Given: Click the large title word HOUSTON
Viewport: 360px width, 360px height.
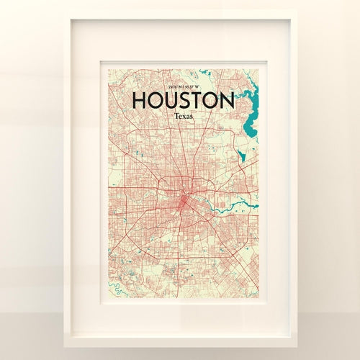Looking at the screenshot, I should pos(183,100).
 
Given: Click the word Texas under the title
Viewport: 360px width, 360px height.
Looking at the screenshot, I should pos(183,116).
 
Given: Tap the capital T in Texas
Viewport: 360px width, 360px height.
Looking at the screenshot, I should pos(175,116).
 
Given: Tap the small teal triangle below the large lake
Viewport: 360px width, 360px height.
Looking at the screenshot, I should pos(242,154).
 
